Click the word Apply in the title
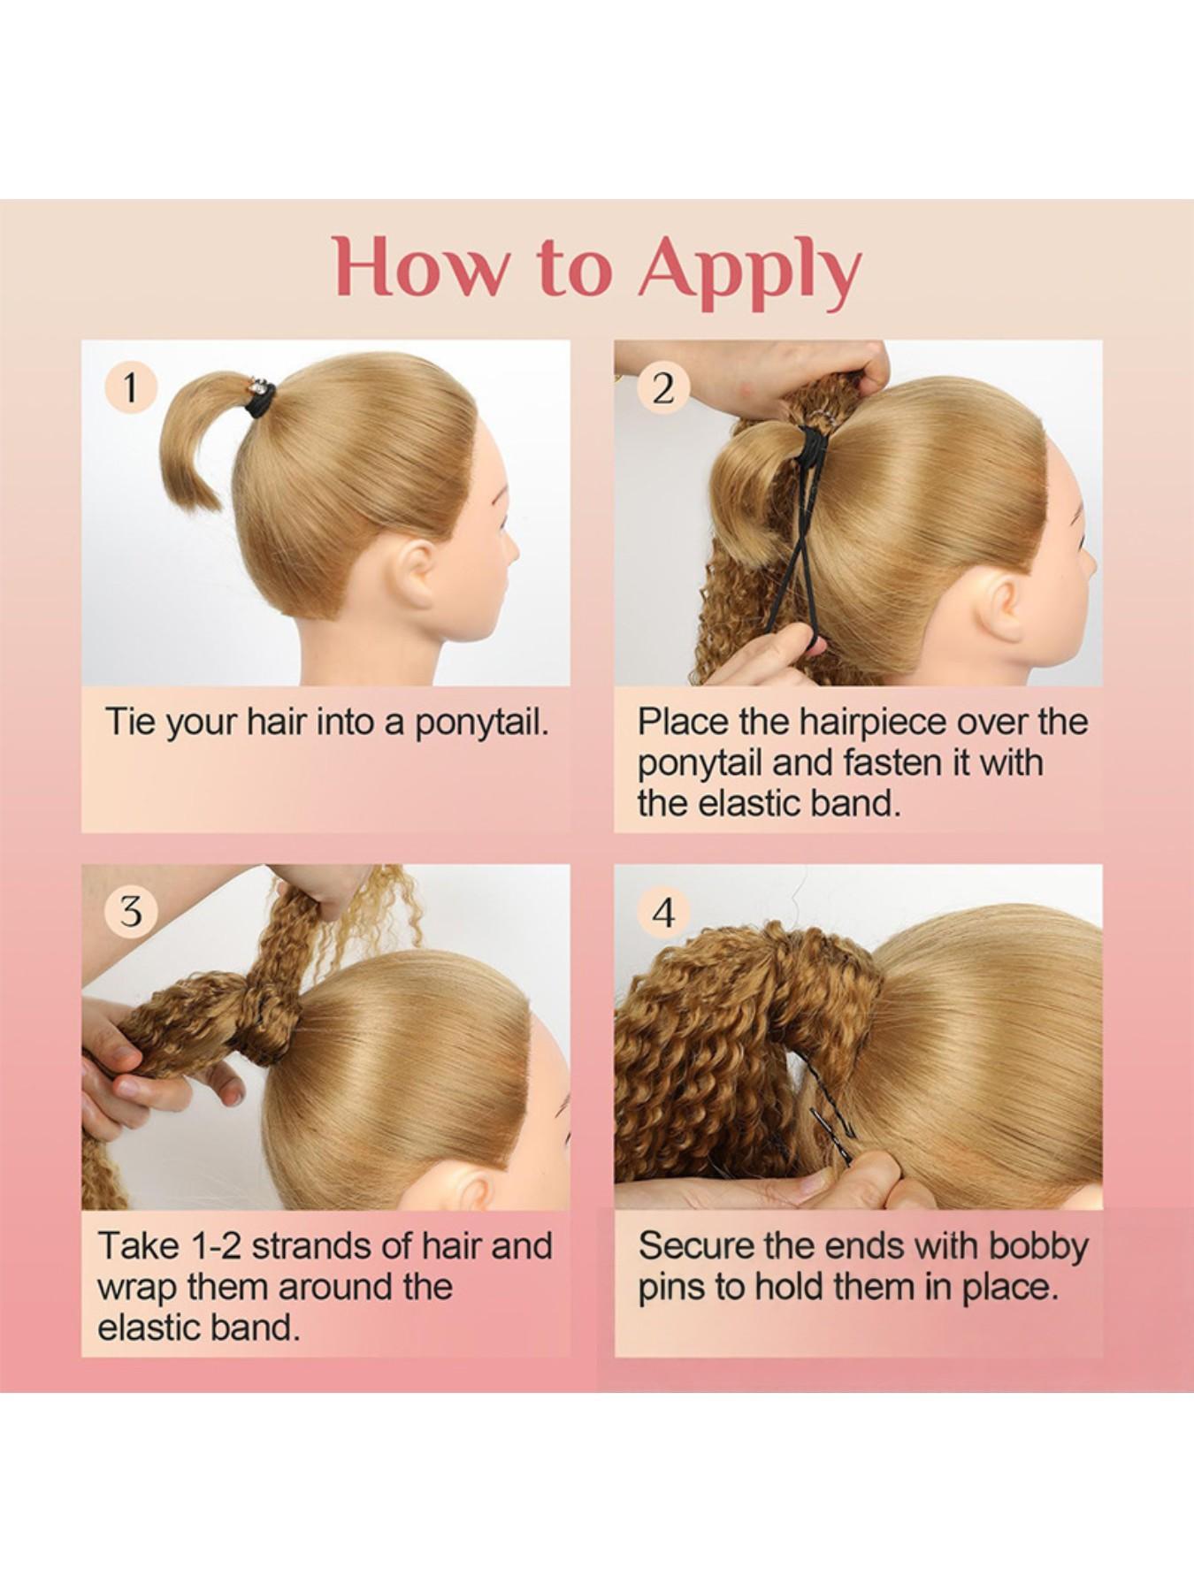(x=748, y=268)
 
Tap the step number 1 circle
(x=131, y=387)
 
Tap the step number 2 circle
(x=663, y=387)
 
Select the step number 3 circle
(x=131, y=910)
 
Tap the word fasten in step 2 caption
(x=893, y=762)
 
